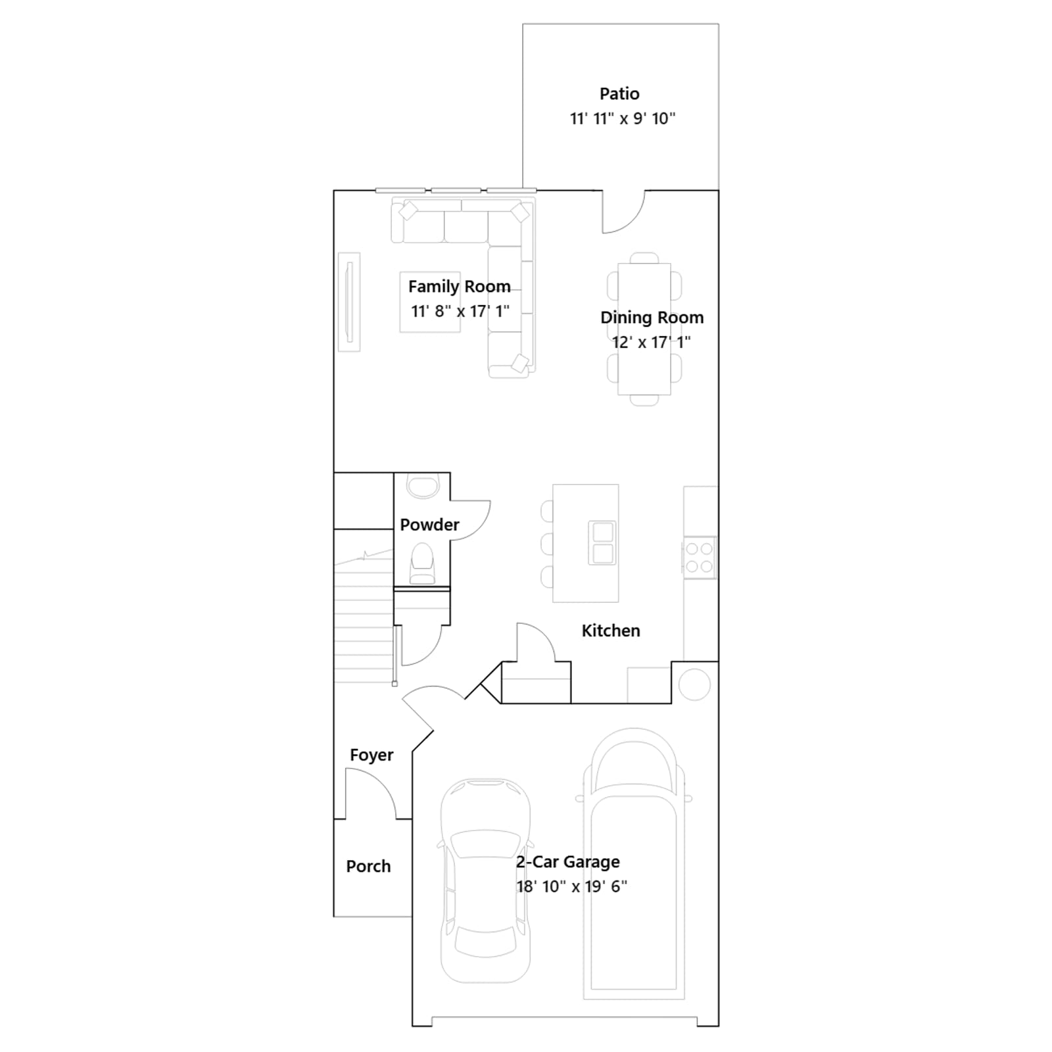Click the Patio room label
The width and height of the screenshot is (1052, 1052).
tap(619, 94)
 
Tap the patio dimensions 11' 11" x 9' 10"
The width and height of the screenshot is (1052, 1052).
tap(623, 118)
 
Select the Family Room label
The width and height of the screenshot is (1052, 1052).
tap(460, 287)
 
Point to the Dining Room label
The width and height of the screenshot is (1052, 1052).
tap(652, 318)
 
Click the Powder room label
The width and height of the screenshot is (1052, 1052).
tap(429, 525)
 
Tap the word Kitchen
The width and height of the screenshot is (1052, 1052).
tap(611, 631)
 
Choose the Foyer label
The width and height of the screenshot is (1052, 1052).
tap(371, 755)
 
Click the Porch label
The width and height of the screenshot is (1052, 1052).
tap(368, 867)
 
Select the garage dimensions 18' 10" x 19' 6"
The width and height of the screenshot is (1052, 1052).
tap(571, 886)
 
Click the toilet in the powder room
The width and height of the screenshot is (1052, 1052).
tap(422, 563)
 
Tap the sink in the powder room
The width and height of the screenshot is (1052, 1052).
tap(421, 487)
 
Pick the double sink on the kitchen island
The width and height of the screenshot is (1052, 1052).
tap(602, 542)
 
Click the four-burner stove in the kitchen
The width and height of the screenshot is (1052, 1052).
tap(699, 558)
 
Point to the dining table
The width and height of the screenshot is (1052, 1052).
tap(644, 329)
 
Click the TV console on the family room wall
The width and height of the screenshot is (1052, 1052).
tap(349, 302)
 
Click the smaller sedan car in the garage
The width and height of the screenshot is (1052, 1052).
tap(485, 881)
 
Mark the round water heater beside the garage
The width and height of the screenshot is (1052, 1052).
tap(694, 684)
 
